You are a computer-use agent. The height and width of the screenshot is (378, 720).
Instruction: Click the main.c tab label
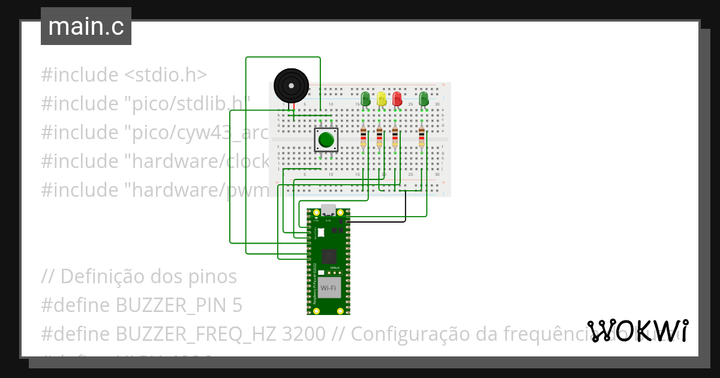pos(86,27)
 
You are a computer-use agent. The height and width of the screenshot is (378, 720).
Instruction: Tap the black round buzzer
pos(291,85)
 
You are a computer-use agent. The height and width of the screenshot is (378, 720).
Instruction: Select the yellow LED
pos(382,99)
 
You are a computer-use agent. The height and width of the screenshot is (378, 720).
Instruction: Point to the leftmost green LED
pos(365,99)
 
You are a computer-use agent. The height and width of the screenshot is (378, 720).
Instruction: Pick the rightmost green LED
pos(424,99)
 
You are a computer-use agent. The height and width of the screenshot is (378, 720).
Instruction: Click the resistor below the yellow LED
pos(379,137)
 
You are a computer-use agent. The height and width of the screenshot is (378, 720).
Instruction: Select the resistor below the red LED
pos(395,137)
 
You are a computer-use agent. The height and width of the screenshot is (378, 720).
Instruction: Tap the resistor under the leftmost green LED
pos(363,137)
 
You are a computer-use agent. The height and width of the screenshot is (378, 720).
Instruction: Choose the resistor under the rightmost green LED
pos(421,137)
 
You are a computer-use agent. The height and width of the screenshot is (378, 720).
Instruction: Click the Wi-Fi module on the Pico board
pos(328,288)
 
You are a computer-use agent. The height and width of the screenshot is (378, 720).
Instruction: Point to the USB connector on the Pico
pos(328,211)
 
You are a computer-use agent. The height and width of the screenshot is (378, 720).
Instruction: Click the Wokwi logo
pos(637,331)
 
